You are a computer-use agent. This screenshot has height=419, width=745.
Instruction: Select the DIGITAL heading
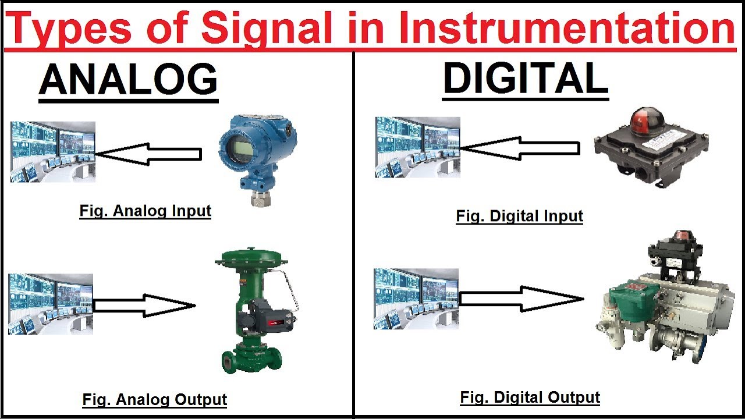[x=525, y=79]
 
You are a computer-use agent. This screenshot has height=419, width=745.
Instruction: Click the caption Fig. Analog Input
[x=145, y=211]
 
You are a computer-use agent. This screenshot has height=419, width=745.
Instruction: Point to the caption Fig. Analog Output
[x=154, y=400]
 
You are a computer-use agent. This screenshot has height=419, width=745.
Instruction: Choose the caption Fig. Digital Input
[x=519, y=216]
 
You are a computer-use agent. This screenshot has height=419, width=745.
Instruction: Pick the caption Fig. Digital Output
[x=530, y=397]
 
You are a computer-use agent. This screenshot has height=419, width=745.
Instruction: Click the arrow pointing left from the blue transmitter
[x=148, y=154]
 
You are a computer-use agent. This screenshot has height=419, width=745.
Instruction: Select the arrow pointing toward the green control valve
[x=144, y=306]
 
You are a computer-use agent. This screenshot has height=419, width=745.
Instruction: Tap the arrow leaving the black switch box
[x=520, y=148]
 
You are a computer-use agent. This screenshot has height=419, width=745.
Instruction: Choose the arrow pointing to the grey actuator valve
[x=521, y=299]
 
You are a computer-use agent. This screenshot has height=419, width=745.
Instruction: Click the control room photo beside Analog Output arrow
[x=51, y=304]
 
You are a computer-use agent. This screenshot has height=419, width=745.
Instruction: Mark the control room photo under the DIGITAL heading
[x=417, y=147]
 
